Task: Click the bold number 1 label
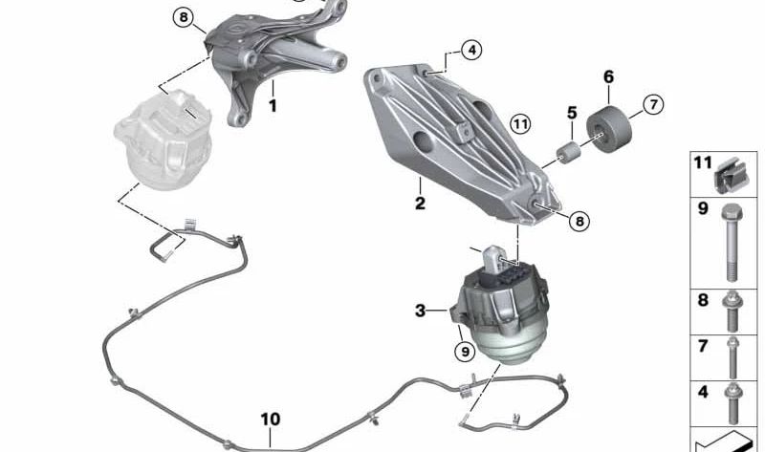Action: click(x=273, y=107)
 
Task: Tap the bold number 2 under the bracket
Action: click(x=420, y=203)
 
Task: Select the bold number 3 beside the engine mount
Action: click(x=420, y=310)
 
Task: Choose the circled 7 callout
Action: click(x=653, y=104)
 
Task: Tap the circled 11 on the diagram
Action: click(x=519, y=123)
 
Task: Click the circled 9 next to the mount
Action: click(x=464, y=352)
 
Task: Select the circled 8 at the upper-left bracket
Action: click(x=184, y=16)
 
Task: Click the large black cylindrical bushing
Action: click(x=609, y=130)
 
